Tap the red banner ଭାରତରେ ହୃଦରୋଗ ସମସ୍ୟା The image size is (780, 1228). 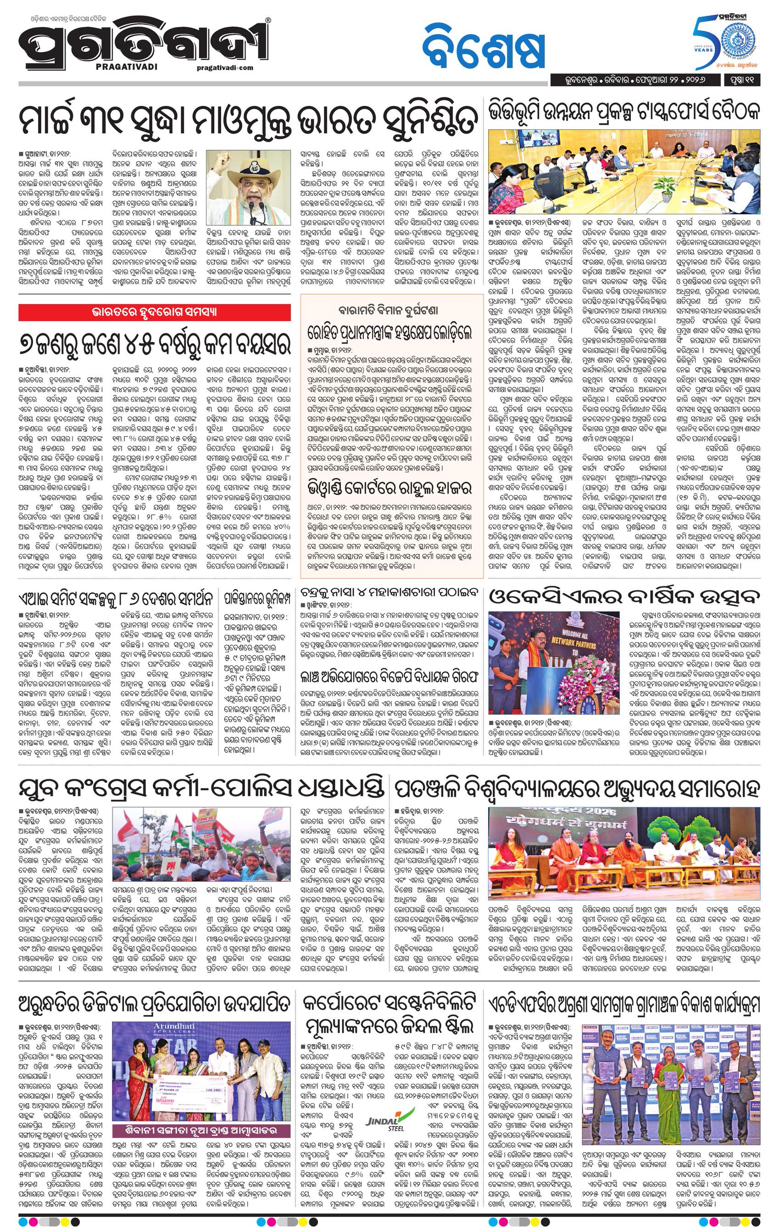(x=155, y=311)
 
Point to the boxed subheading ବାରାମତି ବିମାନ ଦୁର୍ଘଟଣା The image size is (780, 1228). (x=391, y=310)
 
